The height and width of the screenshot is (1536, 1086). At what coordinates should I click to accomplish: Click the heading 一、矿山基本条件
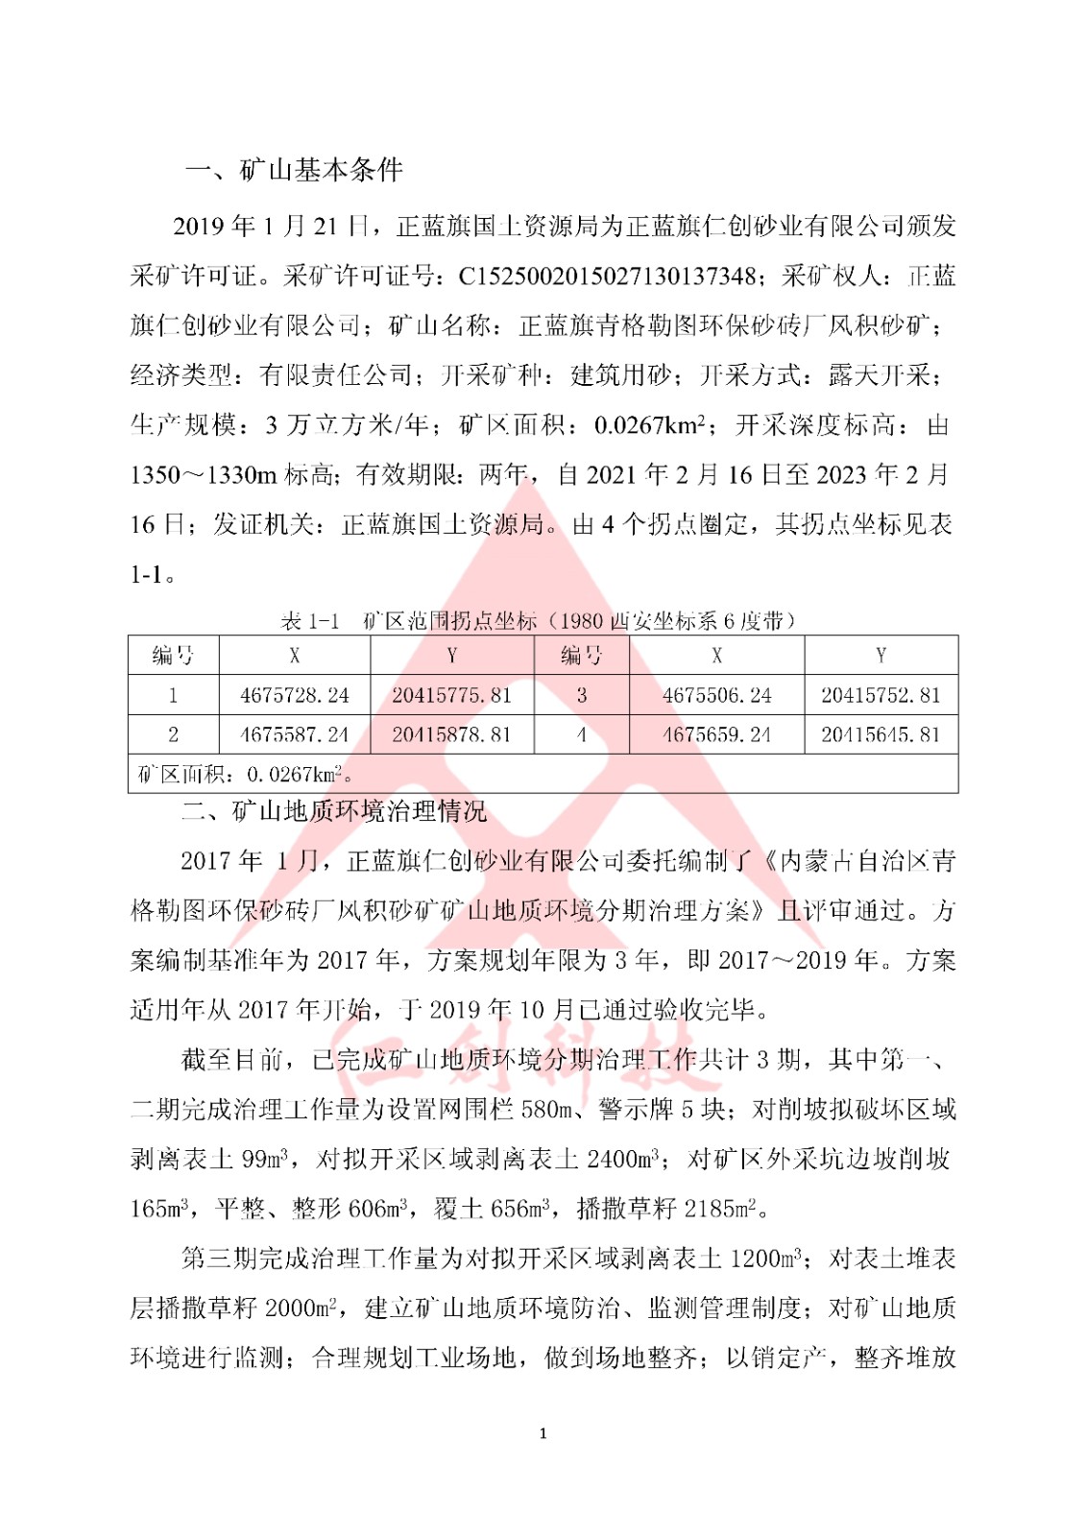293,171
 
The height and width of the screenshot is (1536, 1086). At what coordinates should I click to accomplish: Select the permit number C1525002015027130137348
607,276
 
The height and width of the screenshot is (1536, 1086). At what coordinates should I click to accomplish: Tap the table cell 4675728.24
295,695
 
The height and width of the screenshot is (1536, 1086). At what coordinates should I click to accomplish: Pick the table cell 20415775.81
451,695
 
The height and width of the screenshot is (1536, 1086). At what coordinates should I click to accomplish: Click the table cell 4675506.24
716,695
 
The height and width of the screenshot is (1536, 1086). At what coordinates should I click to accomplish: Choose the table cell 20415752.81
881,695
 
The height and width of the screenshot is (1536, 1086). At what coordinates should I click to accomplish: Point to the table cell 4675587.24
295,734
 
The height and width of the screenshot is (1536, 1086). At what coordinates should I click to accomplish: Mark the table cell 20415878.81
451,734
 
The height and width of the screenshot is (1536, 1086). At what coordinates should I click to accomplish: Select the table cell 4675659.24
716,734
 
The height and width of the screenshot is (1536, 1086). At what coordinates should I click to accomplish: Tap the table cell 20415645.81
881,734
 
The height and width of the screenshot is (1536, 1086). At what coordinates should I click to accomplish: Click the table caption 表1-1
309,621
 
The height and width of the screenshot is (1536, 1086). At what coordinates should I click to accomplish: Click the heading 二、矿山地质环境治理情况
334,812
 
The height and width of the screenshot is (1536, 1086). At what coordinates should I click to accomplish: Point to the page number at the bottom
543,1433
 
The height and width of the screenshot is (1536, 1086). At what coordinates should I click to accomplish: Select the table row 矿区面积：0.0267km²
246,774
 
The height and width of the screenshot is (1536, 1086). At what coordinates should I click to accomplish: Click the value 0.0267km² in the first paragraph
650,425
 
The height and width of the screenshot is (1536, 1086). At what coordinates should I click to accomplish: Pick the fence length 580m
546,1110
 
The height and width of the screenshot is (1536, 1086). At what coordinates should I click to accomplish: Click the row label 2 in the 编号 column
173,734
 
